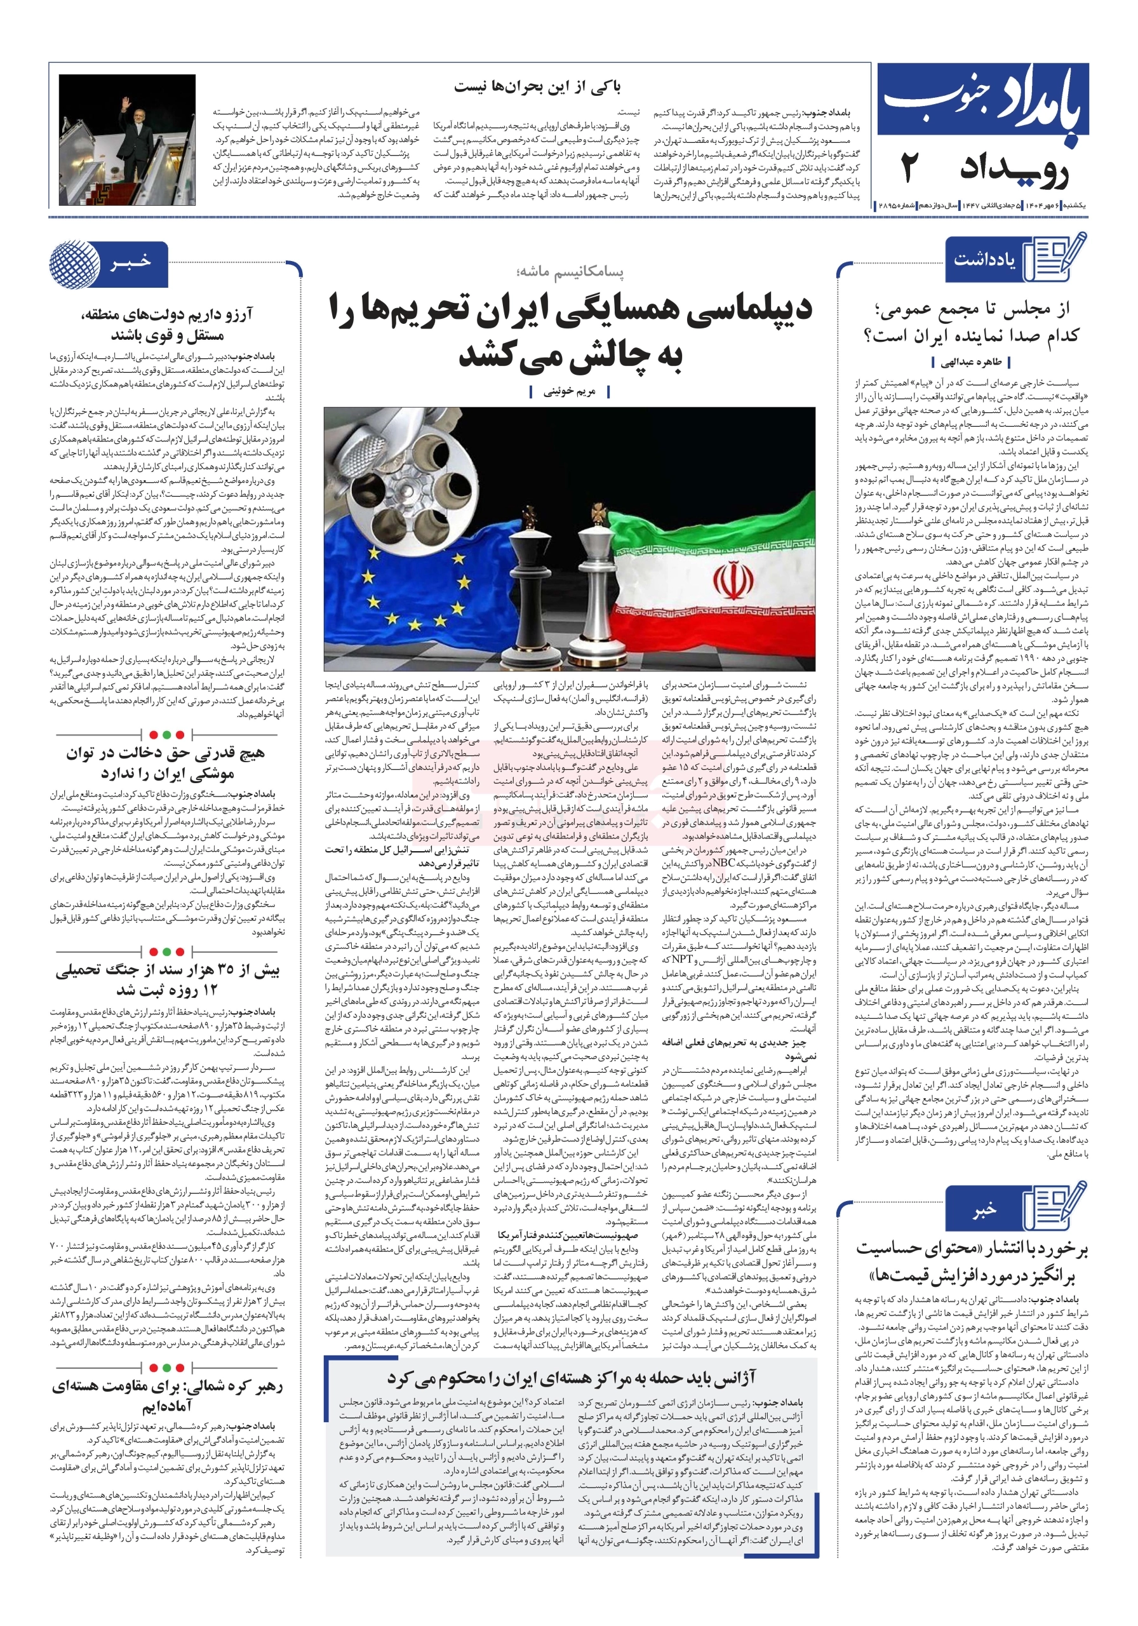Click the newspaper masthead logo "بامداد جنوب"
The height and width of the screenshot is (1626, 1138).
pyautogui.click(x=983, y=101)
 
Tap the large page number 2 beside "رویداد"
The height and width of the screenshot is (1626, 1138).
pyautogui.click(x=909, y=170)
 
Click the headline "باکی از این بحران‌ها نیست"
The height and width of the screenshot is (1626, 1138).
pyautogui.click(x=537, y=87)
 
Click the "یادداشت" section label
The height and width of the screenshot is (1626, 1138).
pyautogui.click(x=984, y=260)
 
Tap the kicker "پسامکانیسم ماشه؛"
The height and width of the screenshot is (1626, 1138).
pyautogui.click(x=570, y=271)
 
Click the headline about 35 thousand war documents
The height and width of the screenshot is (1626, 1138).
pyautogui.click(x=167, y=979)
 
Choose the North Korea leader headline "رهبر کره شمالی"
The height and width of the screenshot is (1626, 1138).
pyautogui.click(x=167, y=1395)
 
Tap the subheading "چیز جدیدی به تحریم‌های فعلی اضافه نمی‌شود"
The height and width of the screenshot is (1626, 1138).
pyautogui.click(x=739, y=1049)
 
